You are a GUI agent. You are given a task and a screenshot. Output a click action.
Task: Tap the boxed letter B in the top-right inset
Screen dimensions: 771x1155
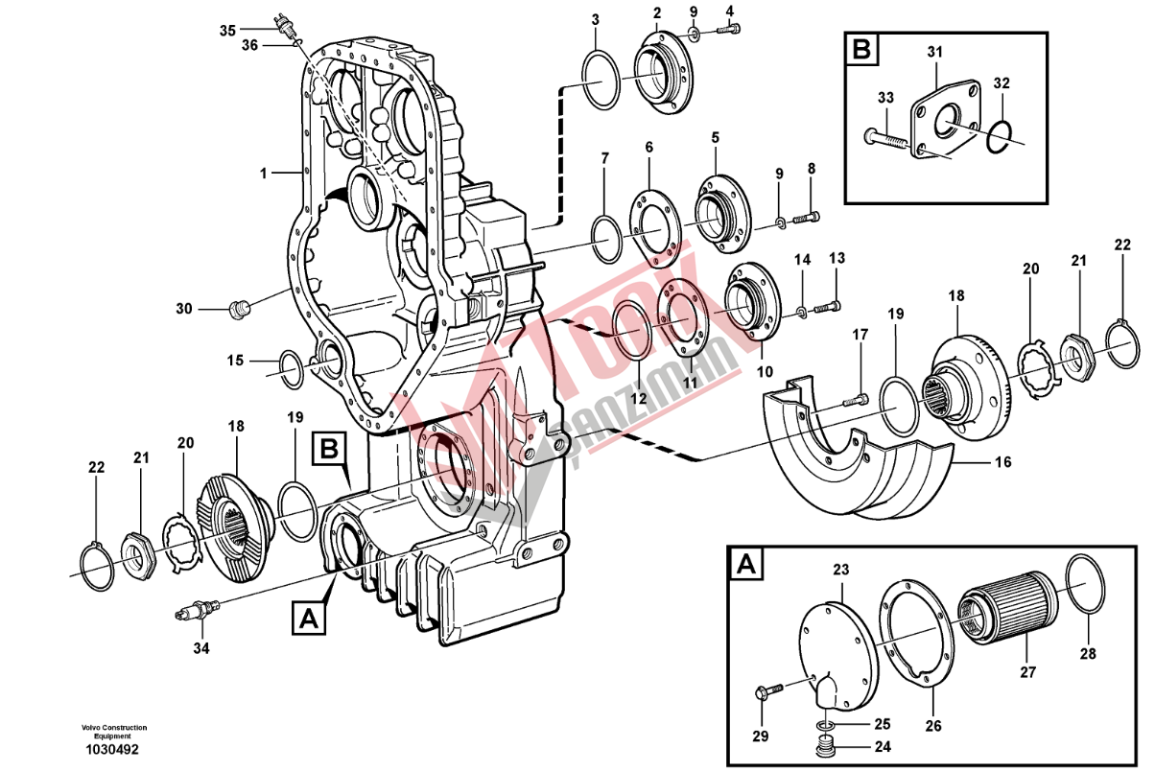(861, 49)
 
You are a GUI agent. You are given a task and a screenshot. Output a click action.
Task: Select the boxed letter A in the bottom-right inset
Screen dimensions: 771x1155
(745, 565)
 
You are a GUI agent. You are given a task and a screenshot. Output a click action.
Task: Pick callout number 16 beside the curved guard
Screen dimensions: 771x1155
(1002, 462)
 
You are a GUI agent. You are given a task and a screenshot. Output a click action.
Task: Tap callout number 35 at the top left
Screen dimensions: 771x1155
(227, 31)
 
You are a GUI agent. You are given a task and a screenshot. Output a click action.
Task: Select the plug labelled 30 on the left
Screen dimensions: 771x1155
(241, 308)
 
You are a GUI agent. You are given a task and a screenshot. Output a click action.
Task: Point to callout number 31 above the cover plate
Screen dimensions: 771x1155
(934, 52)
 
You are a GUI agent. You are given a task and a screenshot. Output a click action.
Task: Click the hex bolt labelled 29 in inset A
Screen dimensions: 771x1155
(769, 689)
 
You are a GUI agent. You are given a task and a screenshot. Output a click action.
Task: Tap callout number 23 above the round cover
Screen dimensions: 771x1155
(840, 571)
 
